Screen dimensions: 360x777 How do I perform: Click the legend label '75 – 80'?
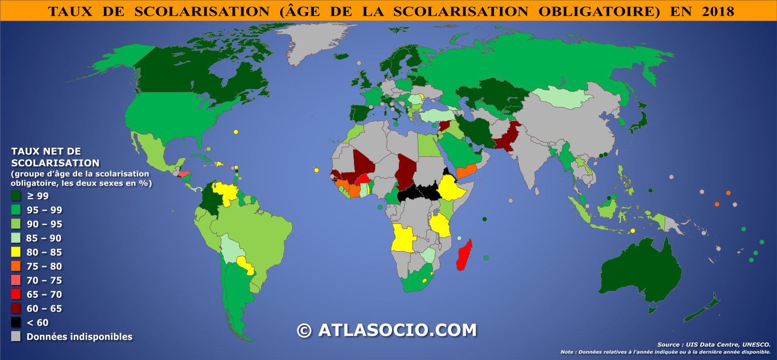coord(44,266)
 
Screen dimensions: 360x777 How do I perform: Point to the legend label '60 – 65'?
coord(44,309)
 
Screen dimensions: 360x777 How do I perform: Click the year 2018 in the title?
coord(716,11)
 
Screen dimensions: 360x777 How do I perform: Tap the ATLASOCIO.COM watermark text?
coord(397,330)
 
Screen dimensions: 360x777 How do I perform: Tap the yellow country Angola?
coord(403,238)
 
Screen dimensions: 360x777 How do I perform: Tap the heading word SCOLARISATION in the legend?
coord(55,163)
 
